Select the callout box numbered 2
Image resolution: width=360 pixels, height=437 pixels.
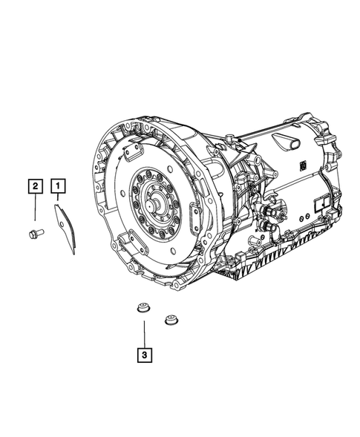[x=34, y=186]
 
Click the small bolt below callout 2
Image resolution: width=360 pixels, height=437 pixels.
[x=33, y=235]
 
